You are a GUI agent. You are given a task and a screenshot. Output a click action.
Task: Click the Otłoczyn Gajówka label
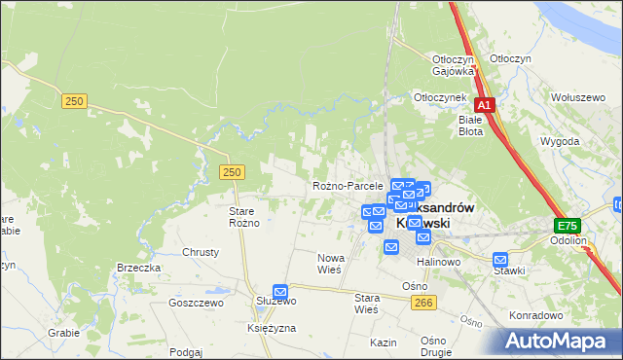tap(454, 64)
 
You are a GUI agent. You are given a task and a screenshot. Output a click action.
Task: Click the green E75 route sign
tap(568, 225)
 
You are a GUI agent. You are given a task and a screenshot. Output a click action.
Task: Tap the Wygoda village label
tap(560, 141)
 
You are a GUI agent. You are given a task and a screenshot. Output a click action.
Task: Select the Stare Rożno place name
tap(244, 216)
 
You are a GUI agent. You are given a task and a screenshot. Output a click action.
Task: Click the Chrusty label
tap(201, 251)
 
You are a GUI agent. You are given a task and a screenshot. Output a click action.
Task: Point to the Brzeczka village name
tap(138, 268)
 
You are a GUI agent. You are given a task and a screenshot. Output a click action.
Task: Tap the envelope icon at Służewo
tap(280, 291)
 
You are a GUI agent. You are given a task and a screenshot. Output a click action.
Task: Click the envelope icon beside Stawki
tap(500, 260)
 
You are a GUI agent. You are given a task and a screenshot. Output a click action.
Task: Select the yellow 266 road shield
tap(422, 304)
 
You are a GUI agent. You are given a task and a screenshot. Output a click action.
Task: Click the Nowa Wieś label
tap(329, 264)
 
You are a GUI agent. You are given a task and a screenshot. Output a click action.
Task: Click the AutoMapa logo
tap(558, 342)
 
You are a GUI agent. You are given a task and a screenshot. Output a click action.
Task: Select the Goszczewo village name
tap(197, 303)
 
